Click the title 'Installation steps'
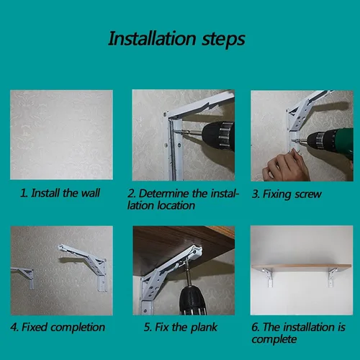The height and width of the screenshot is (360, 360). tap(176, 39)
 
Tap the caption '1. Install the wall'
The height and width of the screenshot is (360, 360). tap(60, 193)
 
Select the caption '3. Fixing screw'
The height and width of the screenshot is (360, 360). tap(287, 194)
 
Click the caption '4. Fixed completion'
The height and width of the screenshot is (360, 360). tap(58, 327)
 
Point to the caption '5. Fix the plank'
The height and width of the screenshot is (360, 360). tap(181, 327)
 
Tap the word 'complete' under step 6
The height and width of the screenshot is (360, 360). tap(274, 339)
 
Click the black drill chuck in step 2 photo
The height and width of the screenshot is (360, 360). tap(217, 136)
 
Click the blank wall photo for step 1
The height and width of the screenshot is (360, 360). tap(61, 135)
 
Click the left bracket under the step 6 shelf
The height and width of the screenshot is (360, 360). tap(269, 277)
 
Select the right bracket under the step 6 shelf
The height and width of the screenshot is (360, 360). tap(333, 277)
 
